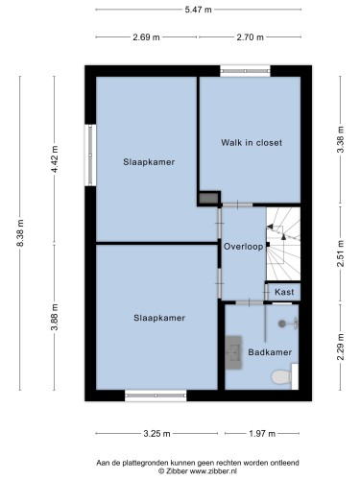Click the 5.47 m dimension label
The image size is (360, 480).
198,10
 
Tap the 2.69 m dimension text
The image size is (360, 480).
146,37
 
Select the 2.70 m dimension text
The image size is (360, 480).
250,37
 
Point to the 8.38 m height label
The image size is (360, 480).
20,233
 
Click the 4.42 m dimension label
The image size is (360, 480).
55,159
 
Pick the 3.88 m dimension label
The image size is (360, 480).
55,317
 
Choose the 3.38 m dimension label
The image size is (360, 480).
341,139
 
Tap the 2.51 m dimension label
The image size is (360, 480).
341,253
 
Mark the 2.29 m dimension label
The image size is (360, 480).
341,347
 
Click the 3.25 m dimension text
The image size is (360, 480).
156,434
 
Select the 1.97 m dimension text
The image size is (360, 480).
262,434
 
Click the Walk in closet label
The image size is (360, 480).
252,142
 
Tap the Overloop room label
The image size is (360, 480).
243,247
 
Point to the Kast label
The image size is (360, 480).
284,292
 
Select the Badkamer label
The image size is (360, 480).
270,352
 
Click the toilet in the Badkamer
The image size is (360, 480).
284,376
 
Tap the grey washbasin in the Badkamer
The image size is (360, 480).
233,352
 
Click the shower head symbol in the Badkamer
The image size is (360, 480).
288,324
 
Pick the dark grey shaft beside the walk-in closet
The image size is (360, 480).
208,198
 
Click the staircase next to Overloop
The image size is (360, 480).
283,244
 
